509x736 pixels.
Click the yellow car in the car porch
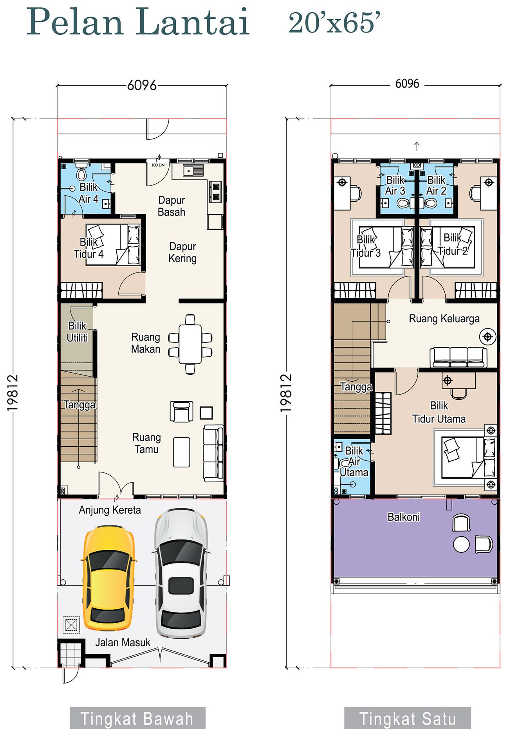tap(108, 578)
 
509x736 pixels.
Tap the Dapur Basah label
tap(171, 206)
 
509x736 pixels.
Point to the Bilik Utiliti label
tap(77, 332)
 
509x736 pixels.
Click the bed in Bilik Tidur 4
tap(113, 245)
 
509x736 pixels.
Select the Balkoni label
tap(404, 517)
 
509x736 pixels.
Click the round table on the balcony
tap(461, 544)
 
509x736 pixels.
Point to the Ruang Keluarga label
tap(444, 319)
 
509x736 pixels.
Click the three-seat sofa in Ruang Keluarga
tap(458, 357)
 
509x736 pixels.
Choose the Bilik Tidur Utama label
tap(439, 412)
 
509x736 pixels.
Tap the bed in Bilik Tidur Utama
tap(468, 458)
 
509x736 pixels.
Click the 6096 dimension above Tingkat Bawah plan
tap(142, 85)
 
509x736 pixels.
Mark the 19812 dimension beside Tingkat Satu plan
tap(286, 393)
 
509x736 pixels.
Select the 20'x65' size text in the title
tap(334, 23)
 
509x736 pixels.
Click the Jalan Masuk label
tap(123, 642)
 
